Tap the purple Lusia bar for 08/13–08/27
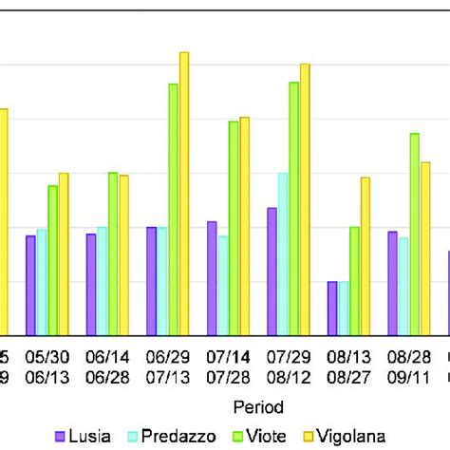pos(332,308)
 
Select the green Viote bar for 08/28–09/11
pos(415,234)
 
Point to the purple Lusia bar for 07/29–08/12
pos(272,271)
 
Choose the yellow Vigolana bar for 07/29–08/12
pos(305,198)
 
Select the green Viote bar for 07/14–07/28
pos(234,227)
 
